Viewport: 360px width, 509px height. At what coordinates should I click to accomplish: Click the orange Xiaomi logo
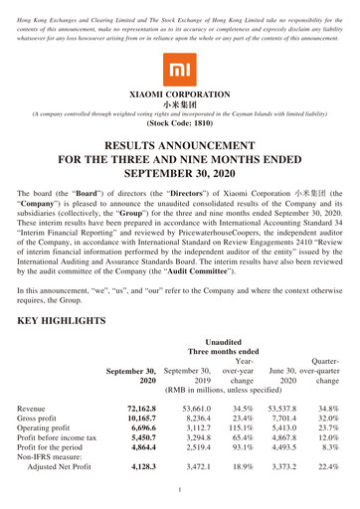[x=179, y=71]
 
